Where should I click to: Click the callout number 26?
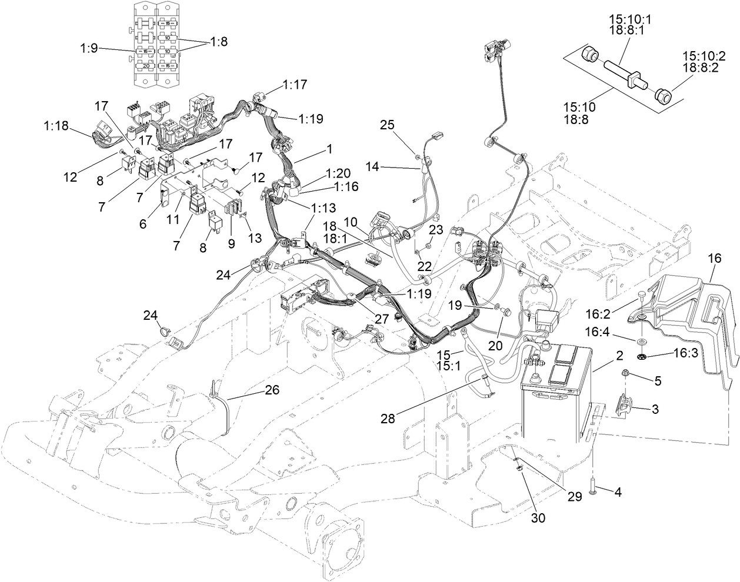click(272, 389)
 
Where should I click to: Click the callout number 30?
click(539, 518)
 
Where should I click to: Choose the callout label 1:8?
click(218, 42)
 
